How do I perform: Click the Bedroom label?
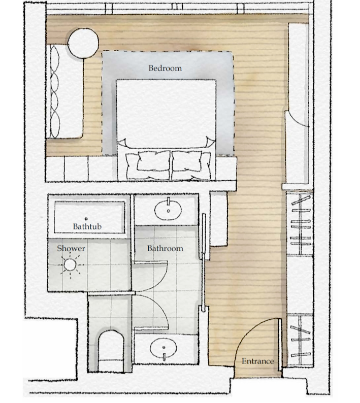tap(165, 68)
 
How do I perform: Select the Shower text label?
tap(71, 248)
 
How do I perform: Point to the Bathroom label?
tap(165, 248)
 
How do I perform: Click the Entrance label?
tap(257, 361)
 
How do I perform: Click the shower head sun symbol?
tap(70, 264)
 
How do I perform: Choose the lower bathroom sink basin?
tap(164, 350)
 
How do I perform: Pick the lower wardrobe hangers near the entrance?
tap(300, 337)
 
